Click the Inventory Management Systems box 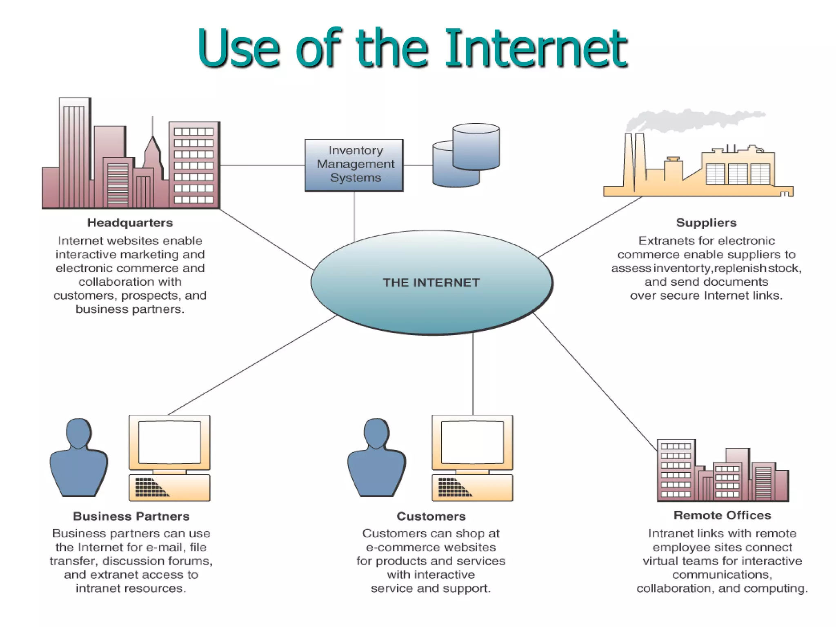[354, 165]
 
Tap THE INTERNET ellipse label [431, 282]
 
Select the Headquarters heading [130, 223]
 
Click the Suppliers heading [706, 223]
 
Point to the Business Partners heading [131, 516]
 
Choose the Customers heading [431, 516]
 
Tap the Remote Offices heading [722, 516]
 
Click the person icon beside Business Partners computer [79, 457]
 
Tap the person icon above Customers [376, 457]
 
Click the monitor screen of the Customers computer [472, 442]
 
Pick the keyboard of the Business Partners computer [169, 487]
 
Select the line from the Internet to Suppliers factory [590, 227]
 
